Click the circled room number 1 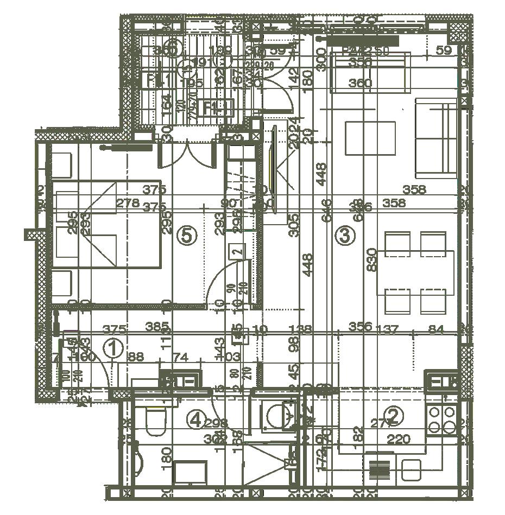pos(113,348)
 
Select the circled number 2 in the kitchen pos(395,416)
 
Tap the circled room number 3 pos(346,236)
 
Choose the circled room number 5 pos(186,236)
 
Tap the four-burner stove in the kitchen pos(441,417)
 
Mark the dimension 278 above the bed pos(129,204)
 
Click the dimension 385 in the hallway pos(157,327)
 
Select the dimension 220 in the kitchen pos(399,438)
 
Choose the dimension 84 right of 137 pos(437,329)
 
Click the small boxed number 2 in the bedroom pos(236,251)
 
